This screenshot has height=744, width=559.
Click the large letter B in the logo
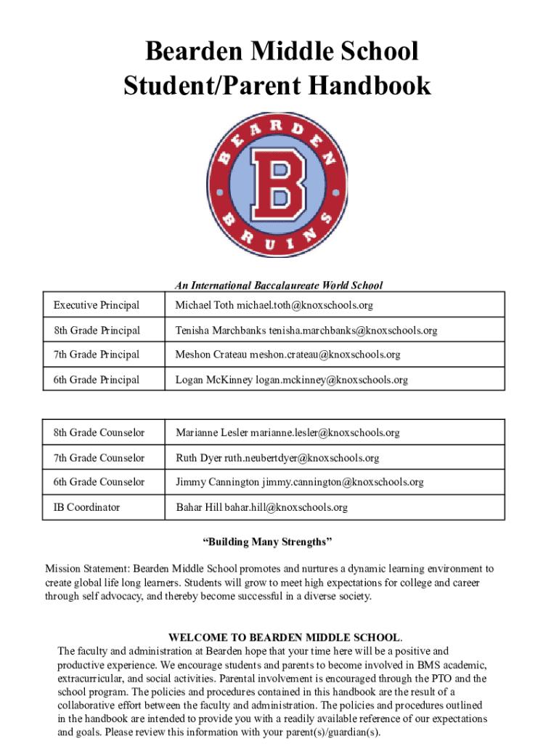point(279,185)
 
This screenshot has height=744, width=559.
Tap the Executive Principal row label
point(96,305)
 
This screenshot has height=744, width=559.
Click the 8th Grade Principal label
point(97,331)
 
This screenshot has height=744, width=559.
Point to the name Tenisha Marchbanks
point(221,331)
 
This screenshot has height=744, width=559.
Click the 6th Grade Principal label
point(97,379)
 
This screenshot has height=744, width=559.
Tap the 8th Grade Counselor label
point(99,433)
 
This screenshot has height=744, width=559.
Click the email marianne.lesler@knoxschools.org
point(325,433)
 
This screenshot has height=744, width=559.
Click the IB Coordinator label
point(86,507)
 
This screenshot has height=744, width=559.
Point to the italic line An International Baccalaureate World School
point(278,286)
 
